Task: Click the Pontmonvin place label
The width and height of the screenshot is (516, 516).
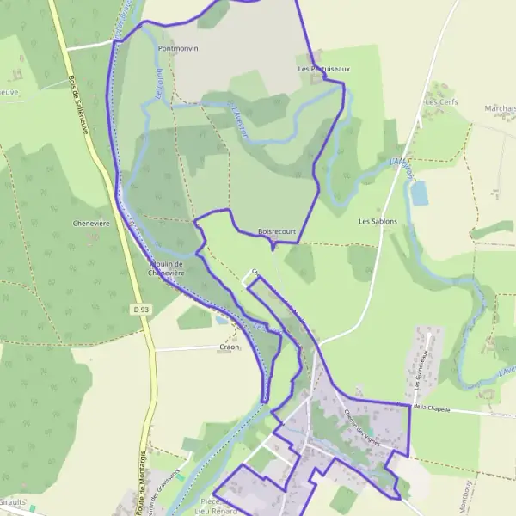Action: (178, 49)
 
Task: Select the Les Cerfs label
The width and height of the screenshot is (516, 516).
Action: (442, 101)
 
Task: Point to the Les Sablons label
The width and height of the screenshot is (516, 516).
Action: (378, 221)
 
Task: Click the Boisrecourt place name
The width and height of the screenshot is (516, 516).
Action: (277, 231)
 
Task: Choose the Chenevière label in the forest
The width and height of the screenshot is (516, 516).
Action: (89, 222)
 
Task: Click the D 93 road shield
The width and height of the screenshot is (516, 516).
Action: (142, 309)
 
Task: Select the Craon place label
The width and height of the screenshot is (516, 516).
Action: (230, 347)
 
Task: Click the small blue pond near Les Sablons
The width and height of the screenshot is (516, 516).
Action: (419, 194)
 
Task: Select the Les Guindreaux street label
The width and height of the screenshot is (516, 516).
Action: (421, 372)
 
